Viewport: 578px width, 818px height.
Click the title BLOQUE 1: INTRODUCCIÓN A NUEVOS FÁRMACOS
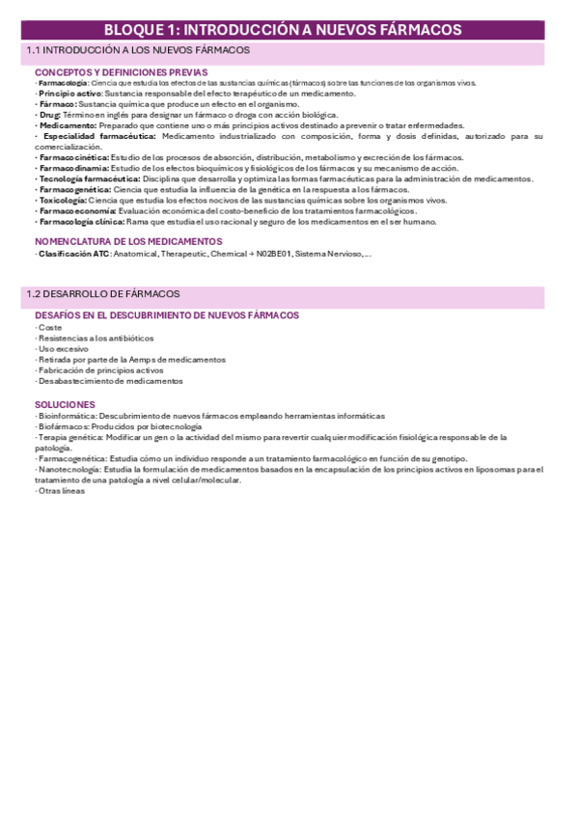pos(289,31)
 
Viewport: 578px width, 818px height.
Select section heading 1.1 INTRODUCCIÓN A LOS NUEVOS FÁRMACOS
pos(137,49)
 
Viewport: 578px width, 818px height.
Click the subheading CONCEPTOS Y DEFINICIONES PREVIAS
pos(121,72)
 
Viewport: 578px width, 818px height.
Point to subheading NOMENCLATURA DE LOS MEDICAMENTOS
pos(128,241)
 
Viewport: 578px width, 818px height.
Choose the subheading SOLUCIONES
pos(65,404)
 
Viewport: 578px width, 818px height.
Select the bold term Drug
pos(50,115)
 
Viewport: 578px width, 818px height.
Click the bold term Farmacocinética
pos(73,157)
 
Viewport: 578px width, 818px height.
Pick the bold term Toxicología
pos(63,200)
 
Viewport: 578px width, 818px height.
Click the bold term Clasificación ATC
pos(73,254)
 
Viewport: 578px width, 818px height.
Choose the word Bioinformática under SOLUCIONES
pos(66,416)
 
